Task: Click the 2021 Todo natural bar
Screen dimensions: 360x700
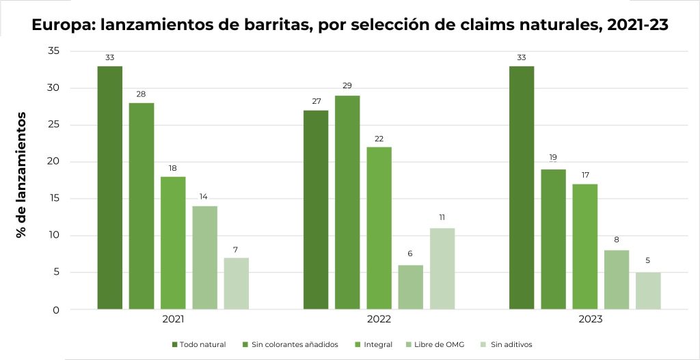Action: point(109,188)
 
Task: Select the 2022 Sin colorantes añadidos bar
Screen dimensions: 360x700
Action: point(347,202)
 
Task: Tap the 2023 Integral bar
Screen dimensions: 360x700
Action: point(584,247)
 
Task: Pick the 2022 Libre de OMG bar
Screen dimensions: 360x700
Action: point(411,287)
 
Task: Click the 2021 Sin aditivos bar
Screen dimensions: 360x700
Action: point(236,283)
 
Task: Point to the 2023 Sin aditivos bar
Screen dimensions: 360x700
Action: point(647,291)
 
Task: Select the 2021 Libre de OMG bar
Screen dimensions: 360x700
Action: point(204,258)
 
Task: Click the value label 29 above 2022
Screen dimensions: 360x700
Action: point(347,87)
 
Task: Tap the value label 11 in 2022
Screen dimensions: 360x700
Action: point(442,218)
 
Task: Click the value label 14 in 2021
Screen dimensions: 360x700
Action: point(204,196)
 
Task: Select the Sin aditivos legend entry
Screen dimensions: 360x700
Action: point(507,344)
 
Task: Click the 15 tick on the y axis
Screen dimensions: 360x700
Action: point(53,199)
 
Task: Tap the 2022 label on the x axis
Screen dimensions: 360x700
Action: point(379,319)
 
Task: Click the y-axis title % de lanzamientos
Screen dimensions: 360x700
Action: point(23,174)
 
